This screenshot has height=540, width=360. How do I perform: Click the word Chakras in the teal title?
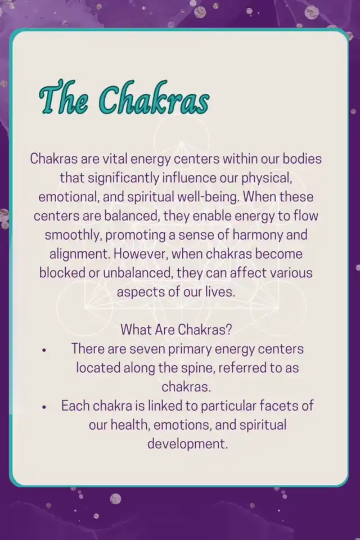pyautogui.click(x=154, y=98)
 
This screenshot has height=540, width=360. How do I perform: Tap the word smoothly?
pyautogui.click(x=73, y=236)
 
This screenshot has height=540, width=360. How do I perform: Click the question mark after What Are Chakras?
pyautogui.click(x=228, y=330)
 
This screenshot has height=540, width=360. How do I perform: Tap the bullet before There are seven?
pyautogui.click(x=44, y=350)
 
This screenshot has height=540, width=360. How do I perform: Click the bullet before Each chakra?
pyautogui.click(x=44, y=407)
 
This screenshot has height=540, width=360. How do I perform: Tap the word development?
pyautogui.click(x=188, y=444)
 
